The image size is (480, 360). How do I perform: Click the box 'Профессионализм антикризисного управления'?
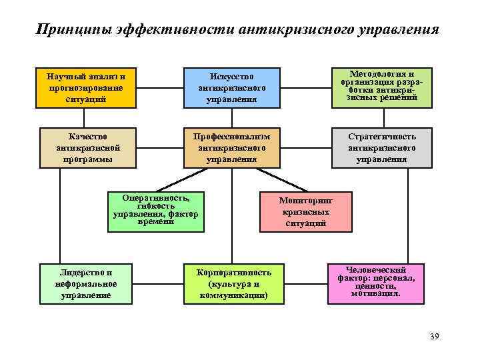click(x=231, y=147)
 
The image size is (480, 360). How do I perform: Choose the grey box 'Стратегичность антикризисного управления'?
click(x=381, y=147)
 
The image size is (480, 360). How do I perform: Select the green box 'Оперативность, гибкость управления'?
click(x=156, y=213)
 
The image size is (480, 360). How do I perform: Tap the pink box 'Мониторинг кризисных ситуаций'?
click(x=306, y=211)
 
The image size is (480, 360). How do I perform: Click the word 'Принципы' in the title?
click(x=72, y=30)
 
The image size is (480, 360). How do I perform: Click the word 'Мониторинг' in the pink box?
click(x=306, y=200)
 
